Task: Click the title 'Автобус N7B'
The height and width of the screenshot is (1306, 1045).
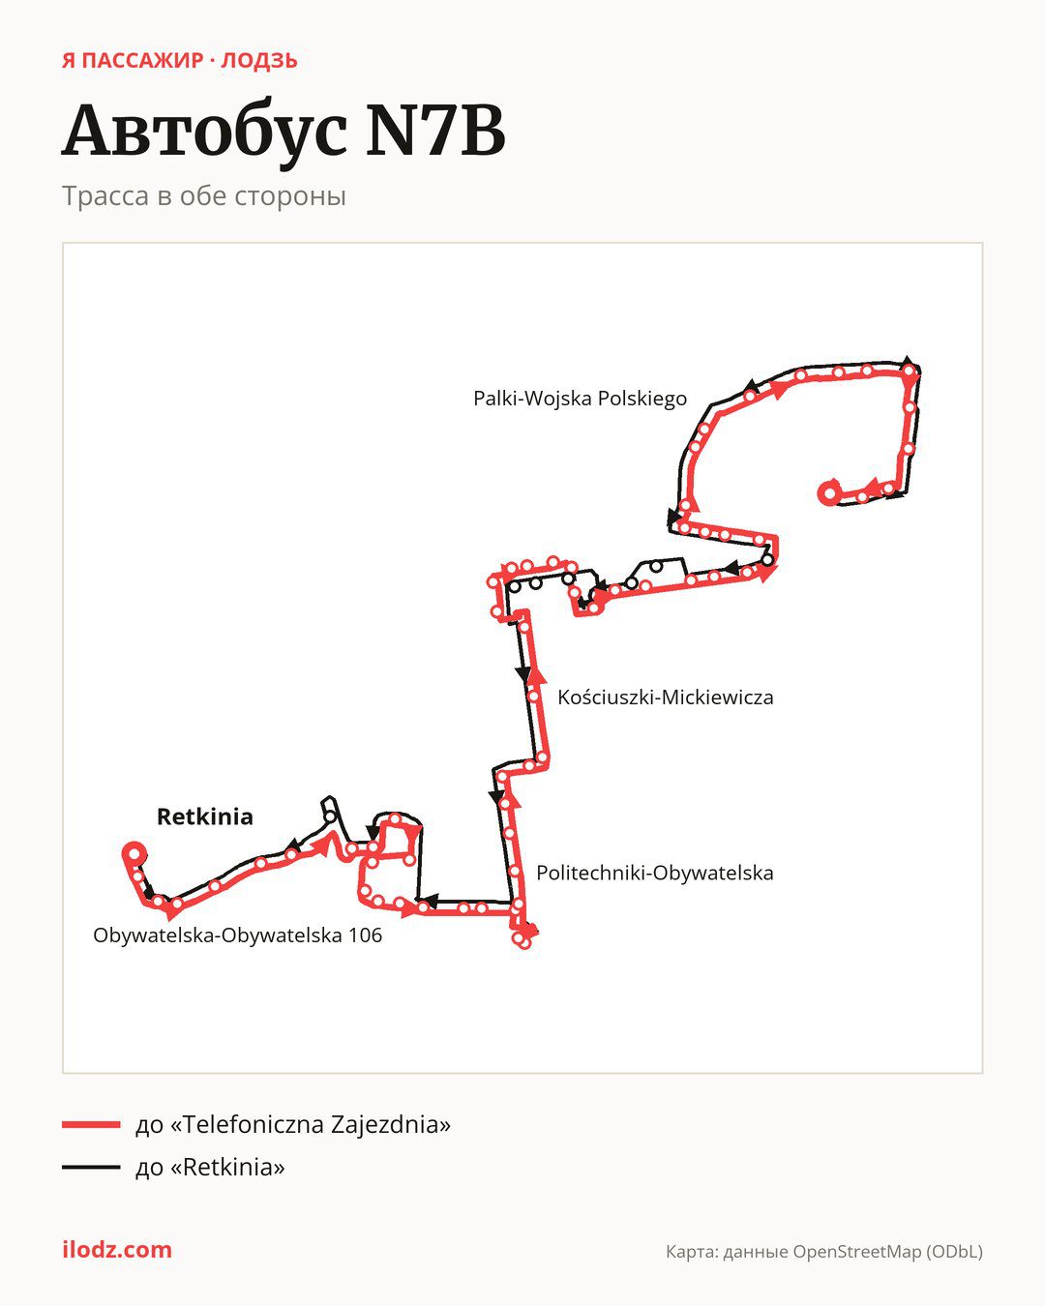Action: click(284, 132)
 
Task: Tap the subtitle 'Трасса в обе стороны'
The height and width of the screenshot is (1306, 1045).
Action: click(204, 196)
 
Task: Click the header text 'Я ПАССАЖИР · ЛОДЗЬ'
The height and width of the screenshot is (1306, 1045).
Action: click(180, 61)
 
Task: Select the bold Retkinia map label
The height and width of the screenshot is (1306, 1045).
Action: click(204, 816)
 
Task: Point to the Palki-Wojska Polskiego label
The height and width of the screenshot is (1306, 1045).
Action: click(580, 399)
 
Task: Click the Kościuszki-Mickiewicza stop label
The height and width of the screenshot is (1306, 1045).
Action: click(666, 698)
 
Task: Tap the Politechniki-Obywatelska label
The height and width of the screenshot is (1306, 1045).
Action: click(654, 873)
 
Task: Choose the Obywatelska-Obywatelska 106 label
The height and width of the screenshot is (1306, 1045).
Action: click(237, 935)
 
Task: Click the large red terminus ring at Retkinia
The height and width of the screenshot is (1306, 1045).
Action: click(134, 852)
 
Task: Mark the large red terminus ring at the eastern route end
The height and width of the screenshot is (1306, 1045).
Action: click(829, 492)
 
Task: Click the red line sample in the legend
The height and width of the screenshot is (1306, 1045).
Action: click(91, 1124)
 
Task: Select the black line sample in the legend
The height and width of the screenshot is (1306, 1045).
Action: click(91, 1167)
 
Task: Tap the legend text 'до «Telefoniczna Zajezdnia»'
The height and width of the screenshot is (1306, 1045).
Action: click(293, 1124)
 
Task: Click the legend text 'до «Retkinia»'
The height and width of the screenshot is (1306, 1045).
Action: click(210, 1167)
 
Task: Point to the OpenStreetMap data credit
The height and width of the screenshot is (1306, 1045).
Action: click(824, 1252)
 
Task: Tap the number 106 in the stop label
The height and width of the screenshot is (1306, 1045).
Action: click(365, 935)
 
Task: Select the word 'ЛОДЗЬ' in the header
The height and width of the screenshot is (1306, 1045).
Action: click(259, 61)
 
